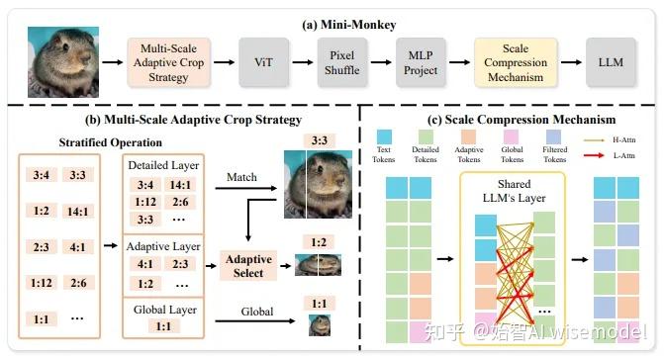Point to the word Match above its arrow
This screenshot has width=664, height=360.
(x=243, y=180)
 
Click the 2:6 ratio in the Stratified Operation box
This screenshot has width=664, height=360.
(x=78, y=283)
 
